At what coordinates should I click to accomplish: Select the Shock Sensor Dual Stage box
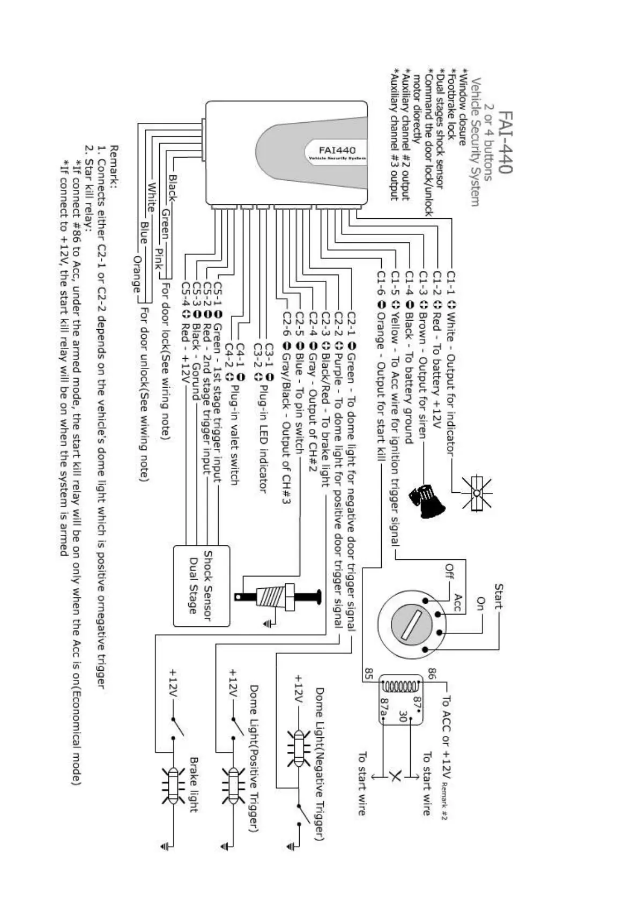coord(202,586)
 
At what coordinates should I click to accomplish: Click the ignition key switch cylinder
coord(410,624)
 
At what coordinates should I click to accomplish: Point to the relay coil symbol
coord(399,686)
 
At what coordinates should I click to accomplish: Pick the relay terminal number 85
coord(369,673)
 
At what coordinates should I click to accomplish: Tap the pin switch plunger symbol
coord(279,596)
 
